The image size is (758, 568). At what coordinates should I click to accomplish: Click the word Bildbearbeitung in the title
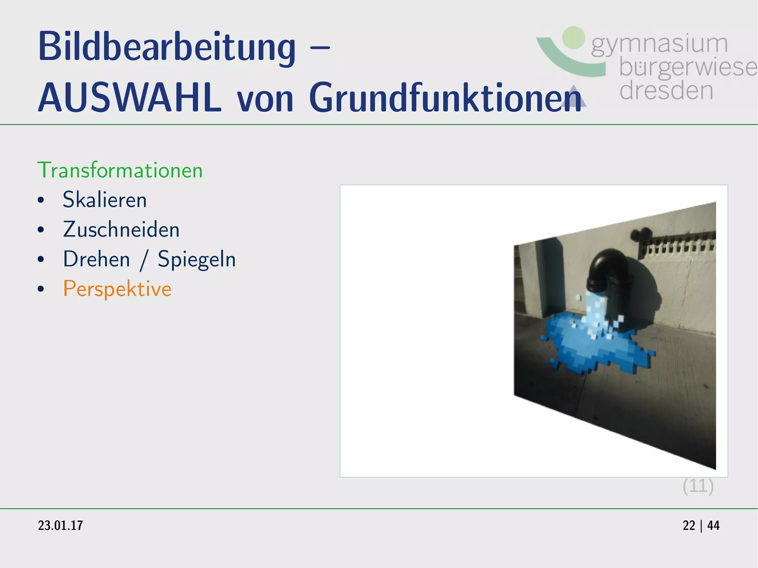pyautogui.click(x=167, y=47)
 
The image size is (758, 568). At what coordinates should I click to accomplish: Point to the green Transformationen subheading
pyautogui.click(x=120, y=171)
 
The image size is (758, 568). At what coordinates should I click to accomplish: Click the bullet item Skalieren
pyautogui.click(x=105, y=200)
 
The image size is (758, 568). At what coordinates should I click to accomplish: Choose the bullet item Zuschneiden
pyautogui.click(x=121, y=229)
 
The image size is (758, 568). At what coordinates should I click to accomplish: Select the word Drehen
pyautogui.click(x=97, y=259)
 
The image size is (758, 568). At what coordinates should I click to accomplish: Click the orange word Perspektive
pyautogui.click(x=117, y=289)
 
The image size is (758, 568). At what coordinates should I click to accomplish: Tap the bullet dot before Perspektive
pyautogui.click(x=41, y=289)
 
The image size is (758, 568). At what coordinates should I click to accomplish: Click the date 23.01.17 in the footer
pyautogui.click(x=60, y=525)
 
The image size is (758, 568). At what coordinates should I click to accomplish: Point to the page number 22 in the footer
pyautogui.click(x=689, y=525)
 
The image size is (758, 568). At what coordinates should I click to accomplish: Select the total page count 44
pyautogui.click(x=713, y=525)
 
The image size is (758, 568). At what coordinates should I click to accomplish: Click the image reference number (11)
pyautogui.click(x=698, y=486)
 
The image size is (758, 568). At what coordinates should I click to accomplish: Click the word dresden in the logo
pyautogui.click(x=666, y=91)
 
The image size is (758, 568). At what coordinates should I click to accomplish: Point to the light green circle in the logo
pyautogui.click(x=573, y=37)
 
